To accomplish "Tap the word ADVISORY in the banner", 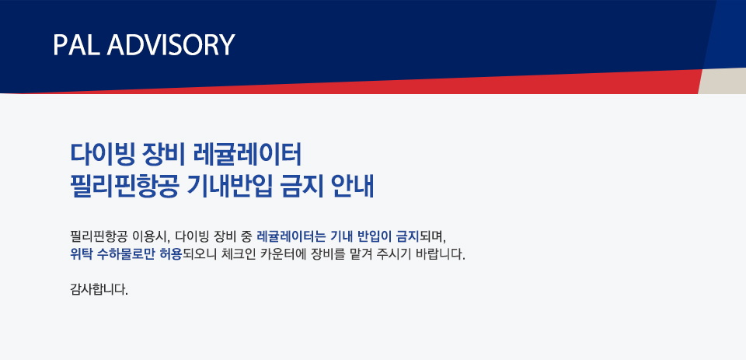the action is click(171, 45).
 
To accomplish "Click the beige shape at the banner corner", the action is click(722, 81).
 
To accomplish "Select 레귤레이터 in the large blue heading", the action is click(249, 154).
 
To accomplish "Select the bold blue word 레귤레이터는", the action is click(290, 236).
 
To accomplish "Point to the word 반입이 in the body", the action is click(374, 236).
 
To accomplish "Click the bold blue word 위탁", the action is click(81, 254).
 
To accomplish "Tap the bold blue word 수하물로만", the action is click(127, 254).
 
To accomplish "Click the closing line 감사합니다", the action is click(99, 289).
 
